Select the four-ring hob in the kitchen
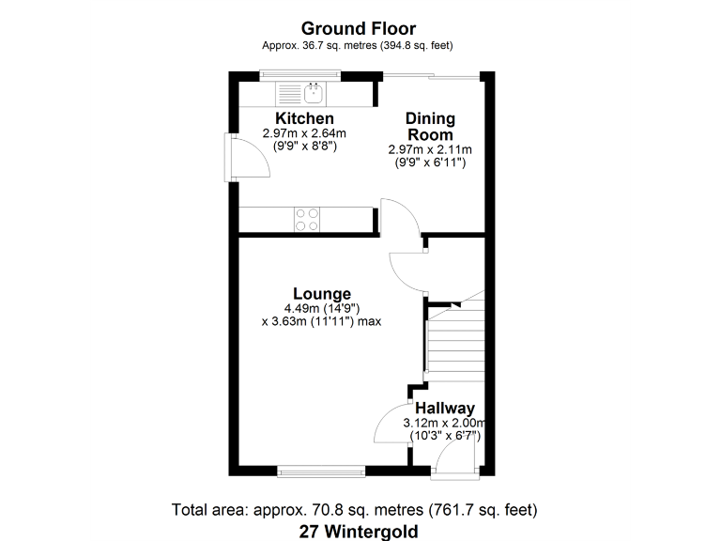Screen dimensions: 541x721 pos(307,219)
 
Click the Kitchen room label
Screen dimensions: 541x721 pos(304,118)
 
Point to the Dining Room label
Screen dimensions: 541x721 pos(430,127)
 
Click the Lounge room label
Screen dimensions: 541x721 pos(321,293)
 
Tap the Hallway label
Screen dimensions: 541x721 pos(445,408)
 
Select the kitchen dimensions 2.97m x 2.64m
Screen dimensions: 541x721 pos(304,133)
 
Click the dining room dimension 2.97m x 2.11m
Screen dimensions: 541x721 pos(430,149)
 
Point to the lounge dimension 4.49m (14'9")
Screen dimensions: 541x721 pos(322,308)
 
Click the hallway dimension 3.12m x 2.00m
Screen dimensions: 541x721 pos(442,423)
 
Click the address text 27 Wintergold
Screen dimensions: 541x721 pos(360,531)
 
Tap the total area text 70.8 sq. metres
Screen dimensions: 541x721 pos(354,510)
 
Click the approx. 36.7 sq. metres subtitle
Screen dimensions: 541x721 pos(360,45)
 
